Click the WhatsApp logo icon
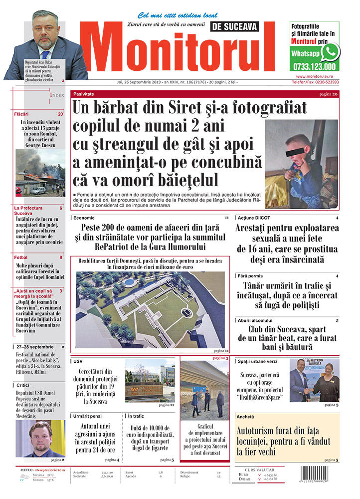330,52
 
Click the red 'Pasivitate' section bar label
83,94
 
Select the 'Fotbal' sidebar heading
21,257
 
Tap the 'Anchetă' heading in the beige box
245,416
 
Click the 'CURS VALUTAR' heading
261,470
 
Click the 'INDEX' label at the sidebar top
57,94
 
